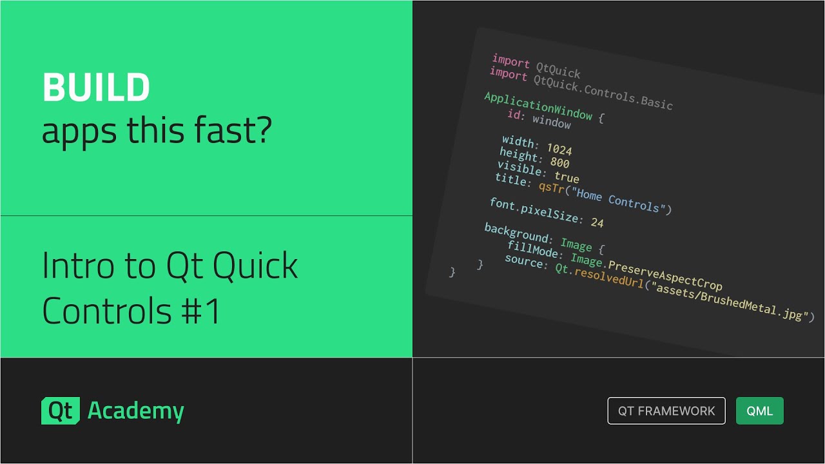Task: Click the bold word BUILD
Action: pyautogui.click(x=96, y=88)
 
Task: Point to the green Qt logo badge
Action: pyautogui.click(x=61, y=411)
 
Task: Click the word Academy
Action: pyautogui.click(x=136, y=411)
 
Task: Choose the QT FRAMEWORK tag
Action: pyautogui.click(x=666, y=411)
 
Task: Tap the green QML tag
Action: pyautogui.click(x=759, y=411)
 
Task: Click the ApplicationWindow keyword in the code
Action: pyautogui.click(x=538, y=106)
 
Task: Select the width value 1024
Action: pyautogui.click(x=559, y=149)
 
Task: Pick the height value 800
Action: pyautogui.click(x=559, y=163)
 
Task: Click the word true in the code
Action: pyautogui.click(x=567, y=177)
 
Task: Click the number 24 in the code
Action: pyautogui.click(x=597, y=223)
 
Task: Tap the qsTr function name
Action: pyautogui.click(x=552, y=187)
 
